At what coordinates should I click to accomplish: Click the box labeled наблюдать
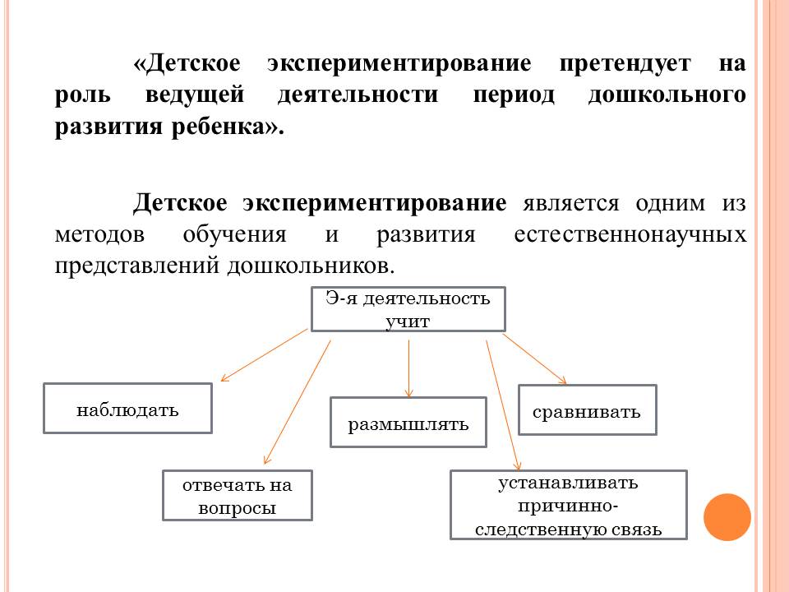127,409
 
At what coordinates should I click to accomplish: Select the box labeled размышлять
408,423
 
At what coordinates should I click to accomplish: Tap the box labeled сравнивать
587,409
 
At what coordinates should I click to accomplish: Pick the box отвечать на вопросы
237,496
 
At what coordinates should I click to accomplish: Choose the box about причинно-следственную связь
568,505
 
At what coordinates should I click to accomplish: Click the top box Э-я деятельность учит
408,309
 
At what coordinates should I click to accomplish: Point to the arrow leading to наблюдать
265,355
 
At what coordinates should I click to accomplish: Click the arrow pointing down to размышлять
408,366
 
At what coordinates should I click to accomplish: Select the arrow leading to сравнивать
534,358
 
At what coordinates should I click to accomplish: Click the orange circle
727,517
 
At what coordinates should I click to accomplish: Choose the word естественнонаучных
630,234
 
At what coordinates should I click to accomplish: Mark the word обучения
234,234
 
